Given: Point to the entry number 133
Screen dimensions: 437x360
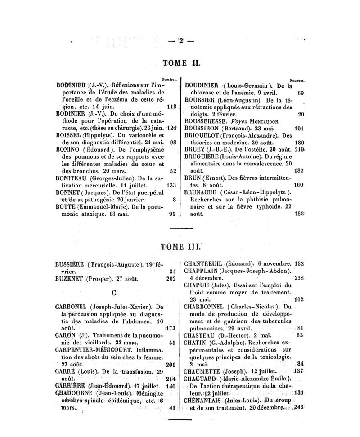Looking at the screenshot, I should (x=171, y=185).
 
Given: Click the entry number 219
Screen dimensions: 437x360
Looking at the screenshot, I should (x=301, y=149).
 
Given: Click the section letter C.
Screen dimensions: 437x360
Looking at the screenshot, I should (x=114, y=293).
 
